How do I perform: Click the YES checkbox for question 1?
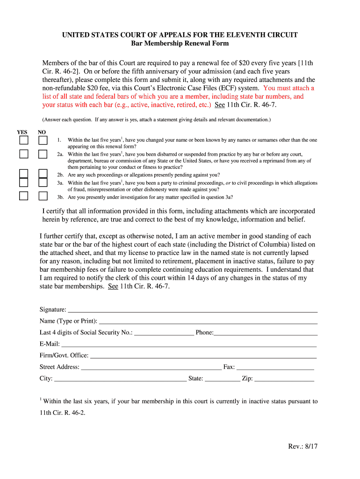(x=23, y=140)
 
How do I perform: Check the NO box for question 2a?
(x=43, y=154)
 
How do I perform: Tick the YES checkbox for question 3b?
(x=23, y=196)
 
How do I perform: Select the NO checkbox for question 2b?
(x=43, y=174)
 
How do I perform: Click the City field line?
(x=120, y=379)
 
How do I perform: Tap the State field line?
(x=222, y=379)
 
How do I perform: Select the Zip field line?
(x=284, y=379)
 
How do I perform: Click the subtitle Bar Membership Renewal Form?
(x=180, y=44)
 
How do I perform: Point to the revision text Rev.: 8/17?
(x=302, y=446)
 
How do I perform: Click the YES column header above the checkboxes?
(x=22, y=132)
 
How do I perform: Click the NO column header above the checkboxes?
(x=42, y=132)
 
